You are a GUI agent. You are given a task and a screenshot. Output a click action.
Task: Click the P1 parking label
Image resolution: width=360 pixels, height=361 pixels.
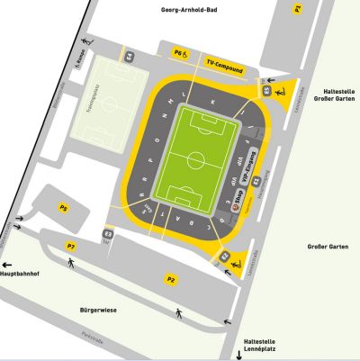pos(297,9)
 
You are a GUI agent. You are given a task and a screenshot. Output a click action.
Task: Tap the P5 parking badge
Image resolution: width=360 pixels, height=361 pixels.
pos(63,209)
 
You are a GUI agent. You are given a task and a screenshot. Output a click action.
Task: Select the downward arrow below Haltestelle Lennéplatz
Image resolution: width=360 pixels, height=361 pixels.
pos(239,355)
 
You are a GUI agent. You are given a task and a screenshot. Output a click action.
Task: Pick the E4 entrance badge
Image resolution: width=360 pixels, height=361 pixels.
pos(130,57)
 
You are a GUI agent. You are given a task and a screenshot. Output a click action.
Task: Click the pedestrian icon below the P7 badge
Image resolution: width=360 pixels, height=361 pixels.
pos(71,262)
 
